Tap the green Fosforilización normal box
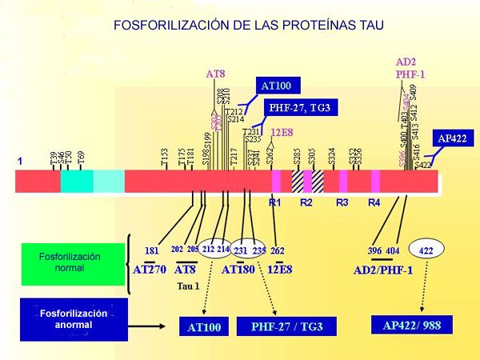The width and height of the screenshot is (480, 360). pos(71,262)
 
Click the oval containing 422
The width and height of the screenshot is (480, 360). pos(426,250)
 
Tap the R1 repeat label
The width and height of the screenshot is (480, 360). pos(275,202)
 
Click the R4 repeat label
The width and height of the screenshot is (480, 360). pos(374,202)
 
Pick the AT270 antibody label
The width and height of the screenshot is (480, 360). pos(150,270)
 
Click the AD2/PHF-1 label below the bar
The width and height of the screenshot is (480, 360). pos(383,270)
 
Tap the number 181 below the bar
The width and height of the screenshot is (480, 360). pos(151,250)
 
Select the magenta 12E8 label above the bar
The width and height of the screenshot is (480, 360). pos(282,132)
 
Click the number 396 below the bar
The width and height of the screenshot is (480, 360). pos(374,250)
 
